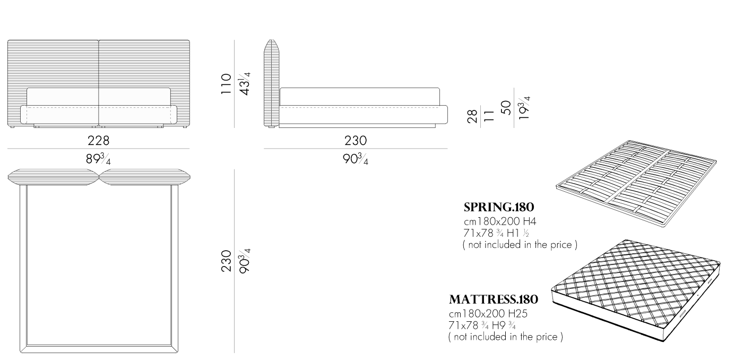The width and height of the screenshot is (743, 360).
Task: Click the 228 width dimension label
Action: click(x=99, y=141)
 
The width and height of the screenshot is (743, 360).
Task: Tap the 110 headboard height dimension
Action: click(x=226, y=84)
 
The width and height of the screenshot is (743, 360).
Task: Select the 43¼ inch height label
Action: click(x=245, y=83)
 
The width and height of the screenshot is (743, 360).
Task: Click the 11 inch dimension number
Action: click(x=489, y=116)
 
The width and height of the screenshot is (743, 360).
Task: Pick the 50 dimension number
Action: click(x=506, y=107)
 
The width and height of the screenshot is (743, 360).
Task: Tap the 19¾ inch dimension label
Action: click(x=524, y=107)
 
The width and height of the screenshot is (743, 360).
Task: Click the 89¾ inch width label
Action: click(x=98, y=159)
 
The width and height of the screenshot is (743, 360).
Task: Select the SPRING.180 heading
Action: click(x=499, y=208)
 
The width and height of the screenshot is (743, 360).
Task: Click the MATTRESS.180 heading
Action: click(x=494, y=299)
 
